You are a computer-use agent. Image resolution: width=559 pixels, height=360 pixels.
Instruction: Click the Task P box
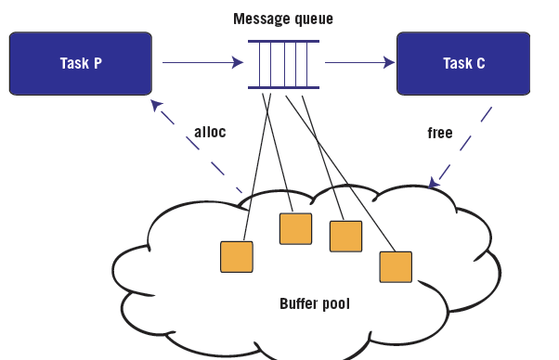click(80, 63)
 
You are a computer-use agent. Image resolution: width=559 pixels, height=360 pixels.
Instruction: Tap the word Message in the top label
click(259, 19)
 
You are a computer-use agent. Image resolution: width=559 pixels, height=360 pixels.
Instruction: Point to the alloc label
click(210, 132)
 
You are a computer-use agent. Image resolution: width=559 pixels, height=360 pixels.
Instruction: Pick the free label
click(439, 133)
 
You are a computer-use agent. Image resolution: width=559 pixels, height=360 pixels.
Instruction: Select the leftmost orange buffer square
click(236, 256)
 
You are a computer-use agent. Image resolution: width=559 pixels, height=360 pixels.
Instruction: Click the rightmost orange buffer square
click(395, 266)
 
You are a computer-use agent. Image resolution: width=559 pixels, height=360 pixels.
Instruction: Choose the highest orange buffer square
click(295, 228)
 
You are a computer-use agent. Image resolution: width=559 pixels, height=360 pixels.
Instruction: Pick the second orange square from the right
click(344, 236)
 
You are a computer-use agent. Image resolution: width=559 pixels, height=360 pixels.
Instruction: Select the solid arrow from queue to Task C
click(358, 63)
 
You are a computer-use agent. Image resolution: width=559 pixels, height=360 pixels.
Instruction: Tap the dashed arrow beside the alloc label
click(200, 148)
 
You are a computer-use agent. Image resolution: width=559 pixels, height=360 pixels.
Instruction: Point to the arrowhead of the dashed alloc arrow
click(156, 104)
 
